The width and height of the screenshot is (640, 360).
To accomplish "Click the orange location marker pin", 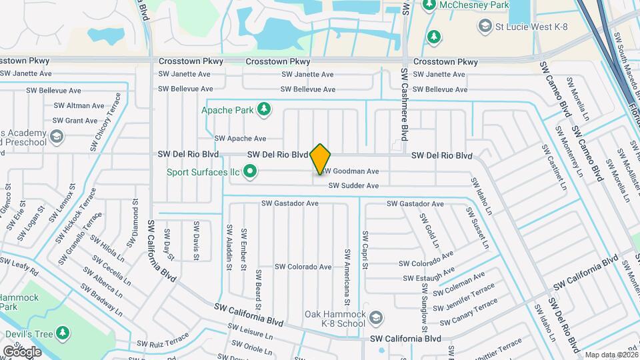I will point(321,159).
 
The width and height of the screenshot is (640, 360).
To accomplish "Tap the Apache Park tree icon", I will point(265,108).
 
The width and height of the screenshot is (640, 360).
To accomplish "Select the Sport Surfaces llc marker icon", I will point(251,173).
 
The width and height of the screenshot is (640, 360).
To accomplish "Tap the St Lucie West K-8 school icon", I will point(485,27).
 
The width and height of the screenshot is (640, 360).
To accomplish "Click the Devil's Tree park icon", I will point(63,332).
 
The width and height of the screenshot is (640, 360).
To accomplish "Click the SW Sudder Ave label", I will point(353,186).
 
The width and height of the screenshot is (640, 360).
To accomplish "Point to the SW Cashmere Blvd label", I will point(404,106).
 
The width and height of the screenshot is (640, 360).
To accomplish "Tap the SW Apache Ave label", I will point(240,139).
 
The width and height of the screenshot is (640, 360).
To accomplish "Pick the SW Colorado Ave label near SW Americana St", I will point(299,267).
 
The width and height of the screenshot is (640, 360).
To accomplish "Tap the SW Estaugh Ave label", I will point(428,274).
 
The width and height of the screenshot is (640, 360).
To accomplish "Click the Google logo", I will point(21,351).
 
